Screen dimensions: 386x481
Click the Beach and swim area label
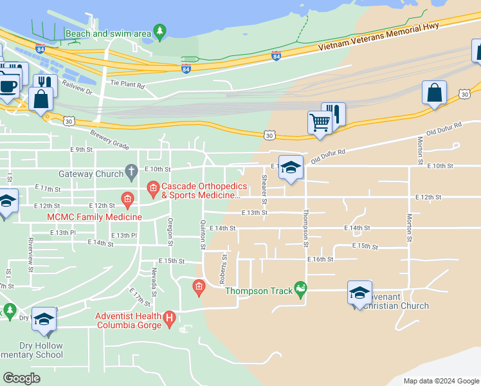point(108,33)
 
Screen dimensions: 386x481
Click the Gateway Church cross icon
point(131,172)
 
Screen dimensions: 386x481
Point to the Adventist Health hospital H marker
point(169,317)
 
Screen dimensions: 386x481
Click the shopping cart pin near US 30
point(320,120)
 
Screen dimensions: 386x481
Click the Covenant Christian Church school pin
point(359,292)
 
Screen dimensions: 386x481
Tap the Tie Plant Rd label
point(127,84)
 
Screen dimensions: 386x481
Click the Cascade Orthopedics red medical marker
point(152,188)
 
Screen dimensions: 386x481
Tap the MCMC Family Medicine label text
point(94,217)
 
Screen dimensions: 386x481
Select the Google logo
point(22,378)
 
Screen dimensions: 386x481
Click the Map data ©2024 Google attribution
point(440,381)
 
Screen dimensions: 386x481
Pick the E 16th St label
point(320,259)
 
